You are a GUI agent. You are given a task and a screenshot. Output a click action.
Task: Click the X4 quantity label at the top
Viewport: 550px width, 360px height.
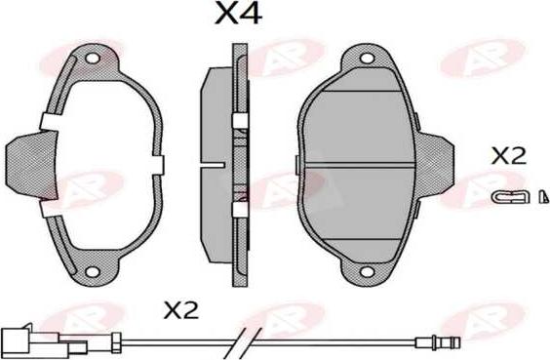click(239, 13)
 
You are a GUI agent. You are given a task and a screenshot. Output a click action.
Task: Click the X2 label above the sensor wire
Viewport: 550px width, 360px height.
click(181, 310)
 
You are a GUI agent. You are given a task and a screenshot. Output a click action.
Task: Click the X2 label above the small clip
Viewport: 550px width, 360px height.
click(509, 156)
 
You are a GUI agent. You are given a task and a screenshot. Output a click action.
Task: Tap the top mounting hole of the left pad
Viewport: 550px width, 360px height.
click(93, 58)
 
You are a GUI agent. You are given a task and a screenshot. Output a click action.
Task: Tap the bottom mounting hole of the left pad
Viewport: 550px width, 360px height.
click(93, 271)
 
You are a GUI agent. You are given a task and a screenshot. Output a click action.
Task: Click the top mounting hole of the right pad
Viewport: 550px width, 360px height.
click(368, 58)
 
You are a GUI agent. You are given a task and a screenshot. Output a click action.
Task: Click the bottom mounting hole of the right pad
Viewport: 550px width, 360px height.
click(368, 272)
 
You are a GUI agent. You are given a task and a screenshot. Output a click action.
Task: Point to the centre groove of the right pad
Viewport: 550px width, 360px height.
click(359, 165)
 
